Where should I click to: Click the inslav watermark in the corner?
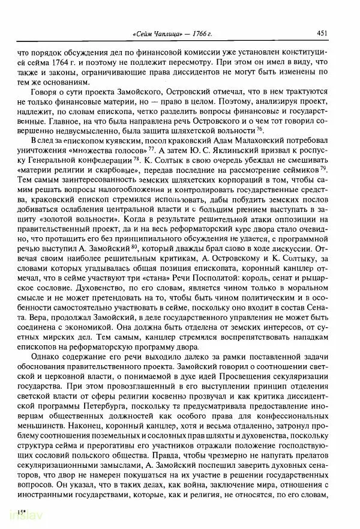17,516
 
